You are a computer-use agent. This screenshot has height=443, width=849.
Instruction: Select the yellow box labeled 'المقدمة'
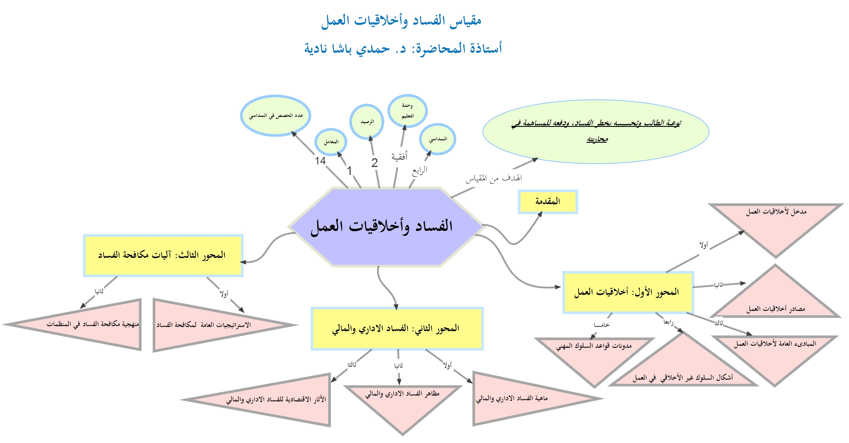click(547, 201)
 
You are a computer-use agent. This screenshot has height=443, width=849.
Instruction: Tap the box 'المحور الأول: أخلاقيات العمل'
click(627, 292)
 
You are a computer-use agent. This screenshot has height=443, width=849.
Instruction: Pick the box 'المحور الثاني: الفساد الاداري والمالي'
click(397, 328)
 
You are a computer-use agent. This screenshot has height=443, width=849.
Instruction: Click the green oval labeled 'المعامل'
click(331, 142)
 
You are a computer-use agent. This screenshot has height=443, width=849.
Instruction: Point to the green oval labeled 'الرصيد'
click(367, 122)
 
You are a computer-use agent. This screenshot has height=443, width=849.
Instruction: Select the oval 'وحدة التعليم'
click(407, 111)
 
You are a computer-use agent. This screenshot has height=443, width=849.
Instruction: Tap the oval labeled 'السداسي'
click(437, 139)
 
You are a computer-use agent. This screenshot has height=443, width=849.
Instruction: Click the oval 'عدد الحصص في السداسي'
click(275, 115)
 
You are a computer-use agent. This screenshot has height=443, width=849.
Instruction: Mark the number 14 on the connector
click(320, 161)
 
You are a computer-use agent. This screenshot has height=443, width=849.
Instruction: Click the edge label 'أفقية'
click(399, 156)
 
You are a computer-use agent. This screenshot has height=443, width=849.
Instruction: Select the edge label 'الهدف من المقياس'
click(494, 178)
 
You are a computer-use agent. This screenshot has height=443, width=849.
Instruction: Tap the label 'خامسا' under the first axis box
click(601, 325)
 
